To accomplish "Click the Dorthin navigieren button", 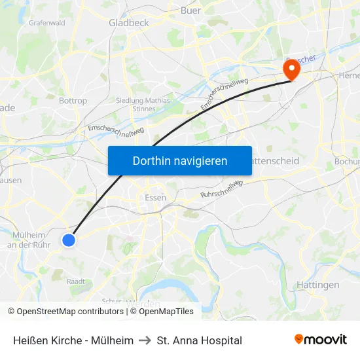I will (x=180, y=160).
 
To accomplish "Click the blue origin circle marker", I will (x=69, y=240).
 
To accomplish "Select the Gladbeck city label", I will (x=129, y=22).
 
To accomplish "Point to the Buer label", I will (x=190, y=10).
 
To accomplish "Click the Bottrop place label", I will (x=73, y=101).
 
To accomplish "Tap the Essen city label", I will (x=155, y=197).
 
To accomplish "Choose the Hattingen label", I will (x=317, y=285).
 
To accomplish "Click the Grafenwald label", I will (x=46, y=22).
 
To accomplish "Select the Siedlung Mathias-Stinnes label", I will (x=143, y=105).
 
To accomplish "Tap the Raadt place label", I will (x=75, y=281).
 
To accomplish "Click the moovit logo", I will (x=320, y=340).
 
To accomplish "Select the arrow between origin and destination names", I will (x=145, y=340).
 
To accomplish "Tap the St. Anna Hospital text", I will (x=199, y=340).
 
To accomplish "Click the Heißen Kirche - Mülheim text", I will (x=73, y=340).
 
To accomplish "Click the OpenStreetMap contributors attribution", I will (x=69, y=312).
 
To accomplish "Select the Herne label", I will (x=349, y=76).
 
